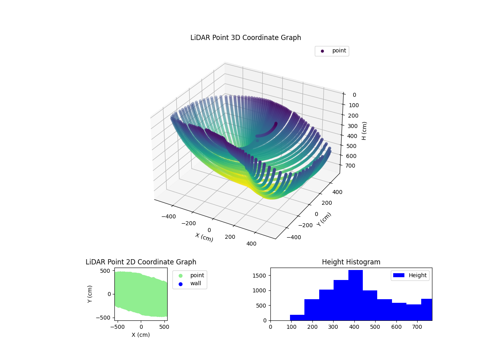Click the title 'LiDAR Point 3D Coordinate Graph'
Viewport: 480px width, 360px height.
(x=246, y=38)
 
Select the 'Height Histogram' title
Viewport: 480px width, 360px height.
(x=351, y=262)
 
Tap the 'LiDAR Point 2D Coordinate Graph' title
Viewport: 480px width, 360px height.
(x=141, y=262)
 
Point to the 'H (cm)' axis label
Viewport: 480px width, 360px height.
(x=364, y=131)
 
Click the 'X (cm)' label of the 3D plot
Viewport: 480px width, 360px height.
(x=204, y=237)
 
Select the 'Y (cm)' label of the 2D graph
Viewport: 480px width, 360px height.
(x=90, y=294)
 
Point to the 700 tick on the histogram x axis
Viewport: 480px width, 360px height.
(x=417, y=326)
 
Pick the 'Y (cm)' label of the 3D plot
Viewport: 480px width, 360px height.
(x=324, y=219)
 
